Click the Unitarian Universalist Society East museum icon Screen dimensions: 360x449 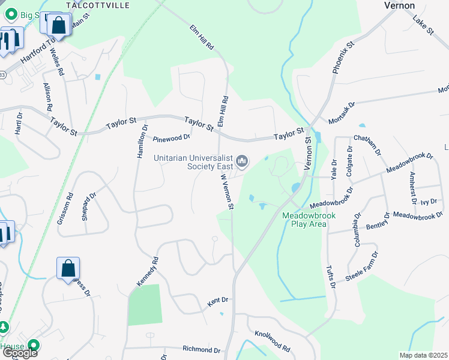(243, 161)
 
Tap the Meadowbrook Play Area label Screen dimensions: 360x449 (304, 220)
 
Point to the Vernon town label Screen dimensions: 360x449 (399, 5)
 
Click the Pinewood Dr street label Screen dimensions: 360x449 (171, 137)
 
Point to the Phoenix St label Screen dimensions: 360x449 (344, 57)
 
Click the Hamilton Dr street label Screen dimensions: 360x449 (142, 142)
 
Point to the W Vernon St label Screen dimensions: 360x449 (226, 191)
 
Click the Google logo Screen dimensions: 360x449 (19, 353)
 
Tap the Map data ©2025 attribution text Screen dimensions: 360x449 (423, 355)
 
